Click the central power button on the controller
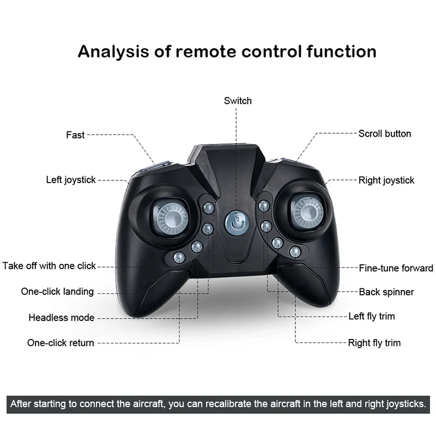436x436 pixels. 237,223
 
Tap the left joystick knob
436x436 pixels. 171,217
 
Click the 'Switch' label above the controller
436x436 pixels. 238,101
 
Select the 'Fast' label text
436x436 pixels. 75,135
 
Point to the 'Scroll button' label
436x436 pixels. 385,134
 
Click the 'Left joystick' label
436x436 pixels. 71,180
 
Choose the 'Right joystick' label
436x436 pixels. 386,180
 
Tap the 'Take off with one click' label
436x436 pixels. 49,266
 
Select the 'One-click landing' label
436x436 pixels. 58,292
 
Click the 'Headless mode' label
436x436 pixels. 62,318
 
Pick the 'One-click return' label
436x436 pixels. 60,343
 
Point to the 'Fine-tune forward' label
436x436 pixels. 396,268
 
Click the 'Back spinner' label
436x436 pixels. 386,292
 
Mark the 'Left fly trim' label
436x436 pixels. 372,316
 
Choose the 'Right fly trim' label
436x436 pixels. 374,343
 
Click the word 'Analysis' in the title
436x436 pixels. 113,52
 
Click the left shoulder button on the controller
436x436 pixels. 155,167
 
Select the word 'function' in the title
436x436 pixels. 342,51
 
